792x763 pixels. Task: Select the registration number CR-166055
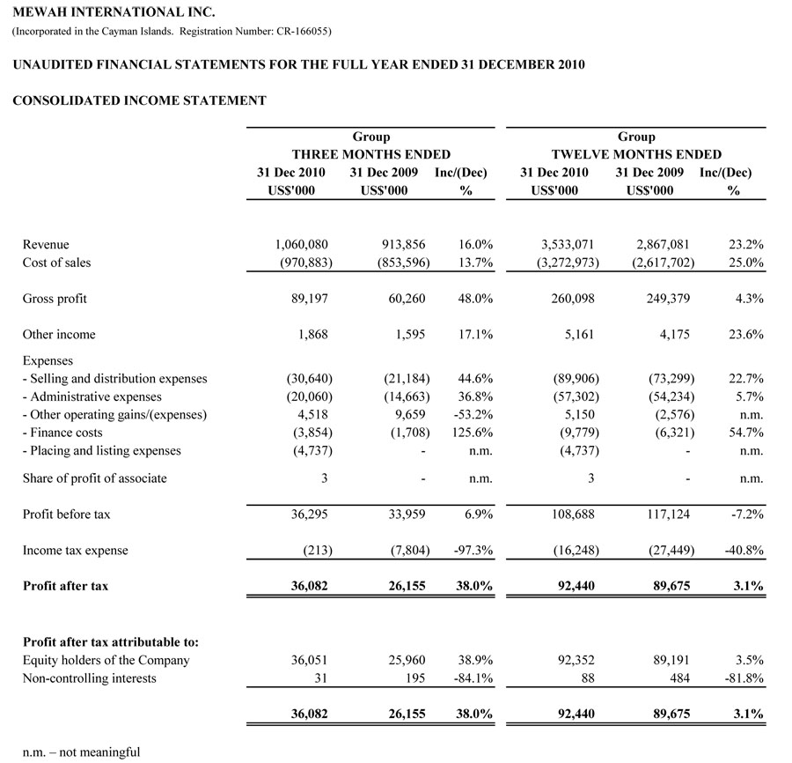click(x=298, y=33)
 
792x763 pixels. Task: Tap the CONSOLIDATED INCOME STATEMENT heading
click(x=139, y=100)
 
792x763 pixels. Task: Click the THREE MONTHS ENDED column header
click(x=370, y=154)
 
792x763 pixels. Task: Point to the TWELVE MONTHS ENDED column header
click(x=636, y=154)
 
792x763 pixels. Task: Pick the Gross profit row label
click(x=55, y=299)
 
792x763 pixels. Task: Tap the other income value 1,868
click(x=314, y=335)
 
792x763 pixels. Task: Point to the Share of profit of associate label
click(x=94, y=478)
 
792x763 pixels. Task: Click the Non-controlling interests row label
click(x=89, y=678)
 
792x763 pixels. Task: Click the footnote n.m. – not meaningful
click(x=81, y=752)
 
